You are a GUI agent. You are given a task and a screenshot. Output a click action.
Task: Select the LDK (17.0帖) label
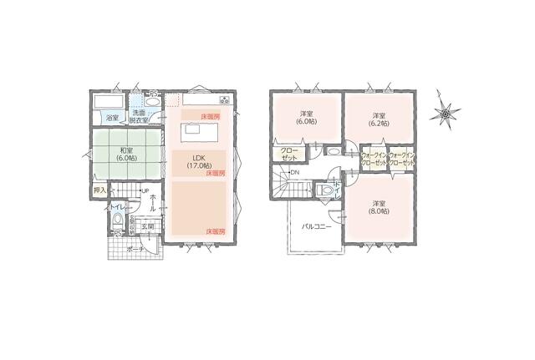point(199,161)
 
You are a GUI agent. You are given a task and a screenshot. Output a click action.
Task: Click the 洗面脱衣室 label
point(140,117)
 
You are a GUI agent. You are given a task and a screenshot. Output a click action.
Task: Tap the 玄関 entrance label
point(145,226)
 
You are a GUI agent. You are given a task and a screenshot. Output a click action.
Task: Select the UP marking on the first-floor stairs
point(145,192)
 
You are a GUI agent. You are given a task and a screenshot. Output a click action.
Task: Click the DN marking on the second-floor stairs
point(294,173)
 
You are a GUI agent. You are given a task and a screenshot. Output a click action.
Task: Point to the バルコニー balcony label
point(316,226)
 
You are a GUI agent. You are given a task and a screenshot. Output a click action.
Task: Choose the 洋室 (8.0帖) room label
point(379,207)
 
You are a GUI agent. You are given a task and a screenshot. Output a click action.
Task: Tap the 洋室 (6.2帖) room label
point(379,119)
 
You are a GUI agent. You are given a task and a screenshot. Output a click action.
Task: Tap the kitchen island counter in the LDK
point(196,130)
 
